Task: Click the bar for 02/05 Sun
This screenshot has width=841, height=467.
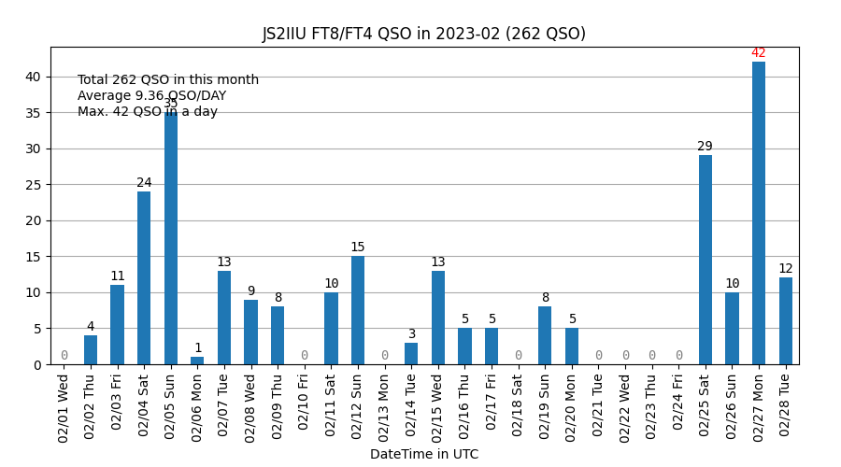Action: coord(171,238)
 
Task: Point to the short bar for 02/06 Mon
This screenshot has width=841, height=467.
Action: coord(197,361)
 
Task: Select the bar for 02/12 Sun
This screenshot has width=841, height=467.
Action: coord(358,310)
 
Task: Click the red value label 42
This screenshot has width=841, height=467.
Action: coord(759,53)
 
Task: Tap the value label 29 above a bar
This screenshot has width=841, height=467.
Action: coord(706,147)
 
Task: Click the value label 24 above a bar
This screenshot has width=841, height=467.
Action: coord(144,183)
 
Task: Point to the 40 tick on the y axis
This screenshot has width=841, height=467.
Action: coord(33,77)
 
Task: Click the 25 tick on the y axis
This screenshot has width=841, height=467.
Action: coord(33,185)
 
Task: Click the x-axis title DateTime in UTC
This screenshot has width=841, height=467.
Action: coord(423,455)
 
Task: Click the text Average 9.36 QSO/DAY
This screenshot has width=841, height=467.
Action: coord(151,96)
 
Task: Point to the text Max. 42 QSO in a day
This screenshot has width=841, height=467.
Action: coord(148,112)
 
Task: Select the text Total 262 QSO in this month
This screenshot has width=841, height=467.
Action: coord(168,80)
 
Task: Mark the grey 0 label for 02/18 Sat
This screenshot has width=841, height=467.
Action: coord(519,356)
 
